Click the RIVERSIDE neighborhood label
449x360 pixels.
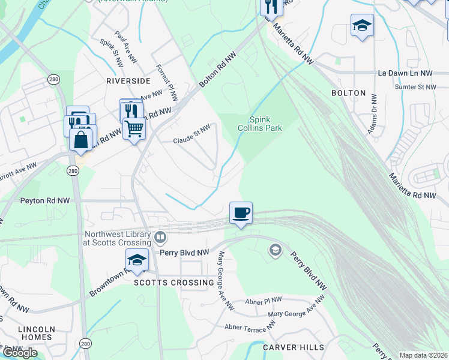point(128,80)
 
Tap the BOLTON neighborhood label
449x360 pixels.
point(348,93)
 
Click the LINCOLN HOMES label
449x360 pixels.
point(36,333)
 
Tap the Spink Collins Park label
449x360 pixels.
point(265,123)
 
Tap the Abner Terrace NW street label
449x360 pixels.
point(250,325)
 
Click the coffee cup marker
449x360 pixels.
point(241,213)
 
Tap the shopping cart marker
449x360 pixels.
point(134,128)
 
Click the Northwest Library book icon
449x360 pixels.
point(160,237)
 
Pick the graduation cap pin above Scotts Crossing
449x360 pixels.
point(137,260)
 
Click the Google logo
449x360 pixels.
point(20,352)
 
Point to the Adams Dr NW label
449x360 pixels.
point(374,113)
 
